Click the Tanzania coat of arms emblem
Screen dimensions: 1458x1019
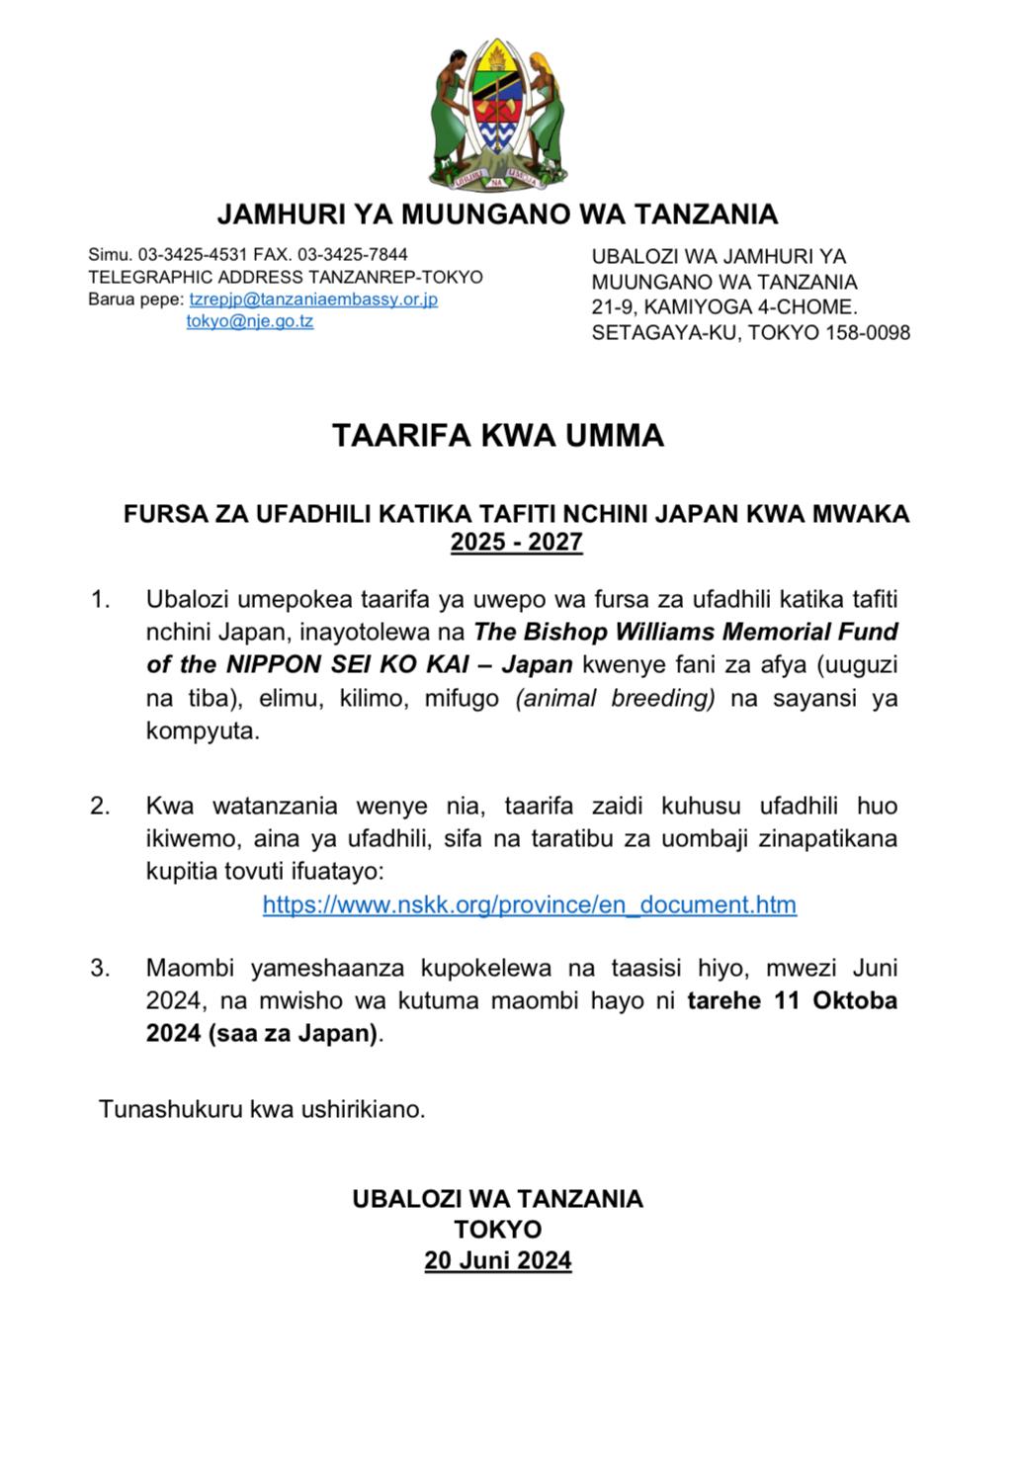(497, 114)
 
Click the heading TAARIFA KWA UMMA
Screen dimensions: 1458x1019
(497, 436)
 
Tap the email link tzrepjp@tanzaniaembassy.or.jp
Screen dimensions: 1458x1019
(313, 299)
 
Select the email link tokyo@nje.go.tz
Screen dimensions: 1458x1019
(250, 320)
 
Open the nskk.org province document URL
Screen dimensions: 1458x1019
(529, 904)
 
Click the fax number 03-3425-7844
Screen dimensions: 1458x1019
(353, 255)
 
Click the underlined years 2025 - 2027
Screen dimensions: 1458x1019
(516, 542)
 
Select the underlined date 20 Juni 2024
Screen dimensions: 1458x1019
(497, 1260)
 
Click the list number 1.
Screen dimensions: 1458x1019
(100, 599)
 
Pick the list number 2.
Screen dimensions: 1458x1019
(100, 806)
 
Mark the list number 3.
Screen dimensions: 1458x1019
(100, 968)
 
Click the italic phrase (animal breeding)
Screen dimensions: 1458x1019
(615, 698)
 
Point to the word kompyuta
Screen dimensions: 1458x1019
(202, 731)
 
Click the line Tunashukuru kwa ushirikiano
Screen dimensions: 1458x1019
(262, 1109)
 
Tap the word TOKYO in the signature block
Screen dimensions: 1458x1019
(497, 1230)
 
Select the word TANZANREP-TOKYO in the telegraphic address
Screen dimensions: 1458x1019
(395, 277)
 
